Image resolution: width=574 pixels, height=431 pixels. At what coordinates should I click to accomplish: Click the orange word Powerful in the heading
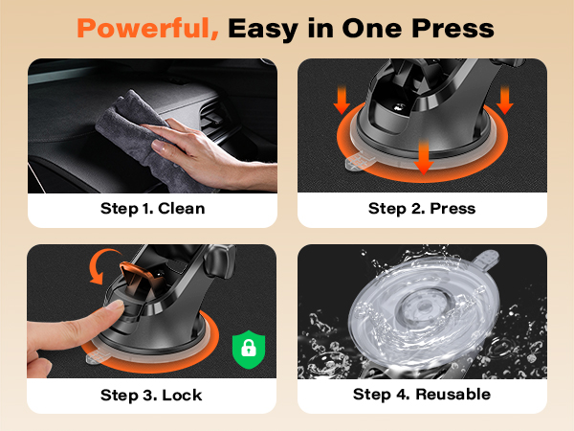[148, 28]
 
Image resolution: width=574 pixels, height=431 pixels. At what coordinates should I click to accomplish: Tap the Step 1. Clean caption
[153, 208]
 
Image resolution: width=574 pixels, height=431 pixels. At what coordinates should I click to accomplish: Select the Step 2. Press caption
[422, 208]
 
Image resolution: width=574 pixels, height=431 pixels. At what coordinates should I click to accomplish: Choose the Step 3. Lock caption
[151, 394]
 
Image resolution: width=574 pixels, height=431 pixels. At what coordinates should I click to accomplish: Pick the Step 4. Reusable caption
[422, 394]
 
